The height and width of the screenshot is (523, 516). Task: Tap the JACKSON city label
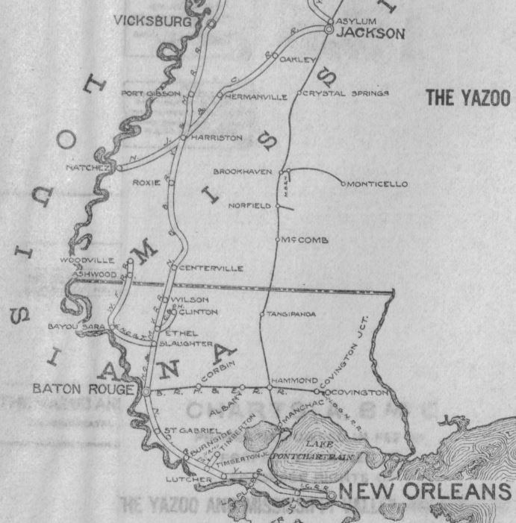(370, 33)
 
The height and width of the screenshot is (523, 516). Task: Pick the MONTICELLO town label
(377, 184)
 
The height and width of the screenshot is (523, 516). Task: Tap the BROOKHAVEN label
(242, 172)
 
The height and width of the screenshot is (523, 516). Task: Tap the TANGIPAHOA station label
(291, 314)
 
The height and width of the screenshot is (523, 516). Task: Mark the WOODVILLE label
(88, 260)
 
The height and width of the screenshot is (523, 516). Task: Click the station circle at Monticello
(343, 184)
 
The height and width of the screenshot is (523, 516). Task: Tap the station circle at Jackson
(328, 30)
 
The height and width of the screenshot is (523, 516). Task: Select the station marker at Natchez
(117, 168)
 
